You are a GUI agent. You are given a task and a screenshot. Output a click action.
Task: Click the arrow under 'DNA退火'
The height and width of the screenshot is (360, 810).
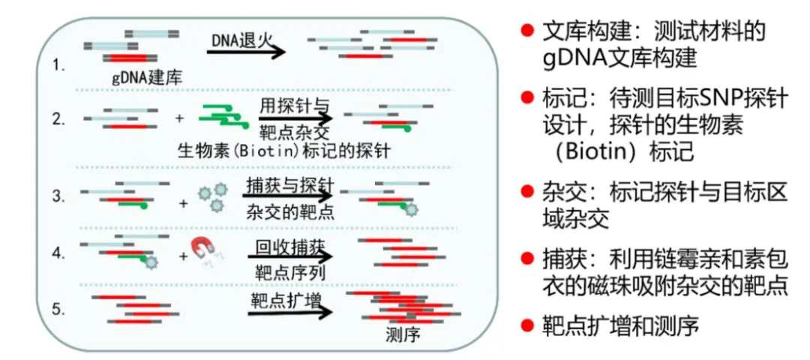coord(247,52)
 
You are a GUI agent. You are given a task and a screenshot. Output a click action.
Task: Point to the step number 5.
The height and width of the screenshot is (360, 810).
coord(61,308)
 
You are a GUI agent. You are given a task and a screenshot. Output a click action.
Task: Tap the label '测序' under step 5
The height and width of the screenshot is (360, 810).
coord(403,334)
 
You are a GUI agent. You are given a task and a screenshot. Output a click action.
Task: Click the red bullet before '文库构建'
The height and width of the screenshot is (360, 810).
coord(527,32)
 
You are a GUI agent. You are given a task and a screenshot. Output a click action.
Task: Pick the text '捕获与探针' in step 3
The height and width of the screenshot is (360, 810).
coord(289,184)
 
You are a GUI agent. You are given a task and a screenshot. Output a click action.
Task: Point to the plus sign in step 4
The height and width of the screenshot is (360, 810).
coord(184,257)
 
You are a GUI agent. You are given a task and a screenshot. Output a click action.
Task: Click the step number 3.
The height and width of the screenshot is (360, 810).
coord(61,197)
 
